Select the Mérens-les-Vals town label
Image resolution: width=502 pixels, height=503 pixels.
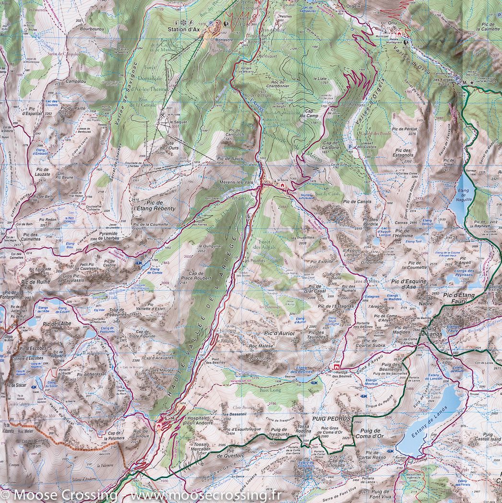pyautogui.click(x=236, y=183)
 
